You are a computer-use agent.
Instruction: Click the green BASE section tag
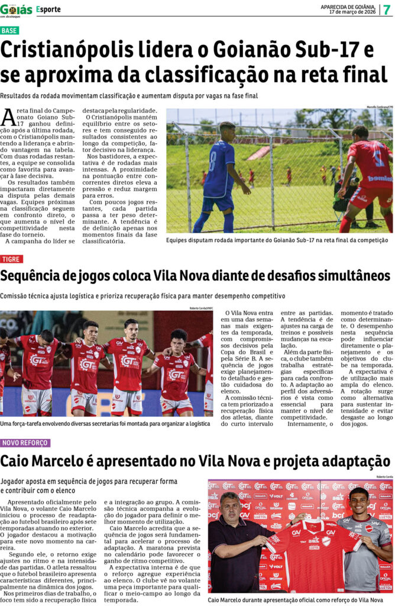9,30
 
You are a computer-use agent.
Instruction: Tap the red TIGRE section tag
11,259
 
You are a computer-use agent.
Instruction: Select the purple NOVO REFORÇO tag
25,443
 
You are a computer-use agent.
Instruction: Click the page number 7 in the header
387,9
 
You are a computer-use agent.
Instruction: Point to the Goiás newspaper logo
17,9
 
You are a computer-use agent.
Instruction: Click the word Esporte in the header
48,9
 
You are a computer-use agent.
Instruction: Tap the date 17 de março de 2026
352,12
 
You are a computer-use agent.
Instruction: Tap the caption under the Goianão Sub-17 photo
277,240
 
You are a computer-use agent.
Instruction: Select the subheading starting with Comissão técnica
143,295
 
